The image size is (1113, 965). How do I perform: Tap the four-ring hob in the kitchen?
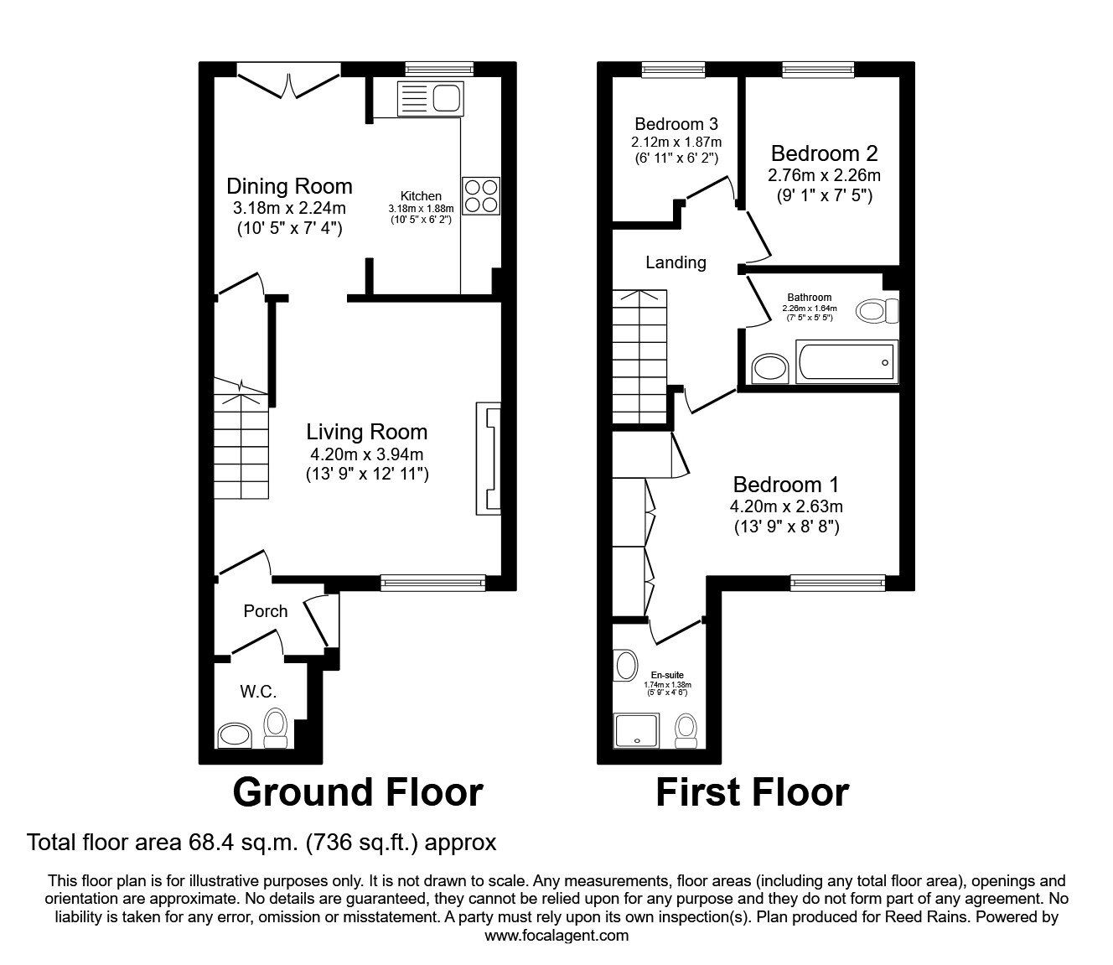coord(481,196)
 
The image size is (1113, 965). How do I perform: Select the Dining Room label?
coord(289,186)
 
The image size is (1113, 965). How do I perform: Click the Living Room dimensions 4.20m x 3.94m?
coord(366,454)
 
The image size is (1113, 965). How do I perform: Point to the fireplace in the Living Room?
coord(489,458)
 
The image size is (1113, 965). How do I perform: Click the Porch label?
coord(265,611)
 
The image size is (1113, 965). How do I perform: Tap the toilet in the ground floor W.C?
coord(275,727)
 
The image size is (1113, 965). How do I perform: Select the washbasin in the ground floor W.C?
coord(234,736)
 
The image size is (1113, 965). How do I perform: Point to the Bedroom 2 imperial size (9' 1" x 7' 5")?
coord(824,196)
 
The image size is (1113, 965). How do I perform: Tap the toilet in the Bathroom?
coord(877,312)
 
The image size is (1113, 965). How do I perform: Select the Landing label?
coord(676,262)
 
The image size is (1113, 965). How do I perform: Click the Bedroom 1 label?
coord(785,485)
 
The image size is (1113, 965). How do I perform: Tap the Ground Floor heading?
coord(358,791)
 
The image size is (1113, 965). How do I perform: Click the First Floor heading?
coord(752,791)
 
